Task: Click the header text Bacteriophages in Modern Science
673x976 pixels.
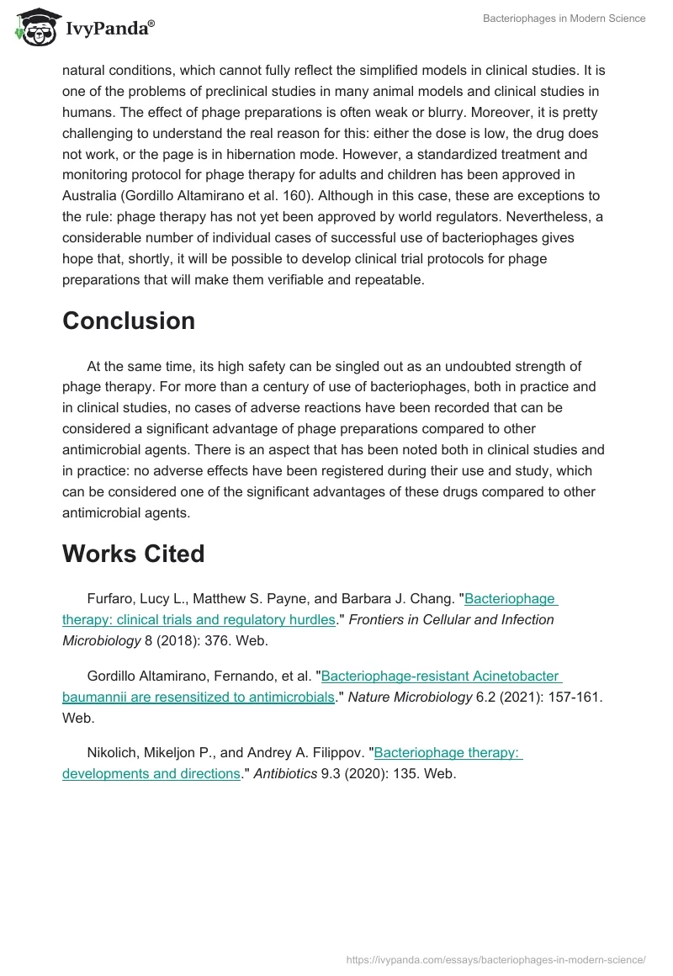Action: (x=564, y=19)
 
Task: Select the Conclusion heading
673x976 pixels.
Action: (x=129, y=321)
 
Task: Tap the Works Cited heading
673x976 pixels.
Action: (x=133, y=554)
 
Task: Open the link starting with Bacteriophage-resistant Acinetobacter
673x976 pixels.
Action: (x=441, y=676)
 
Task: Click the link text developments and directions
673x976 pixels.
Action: (x=151, y=773)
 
